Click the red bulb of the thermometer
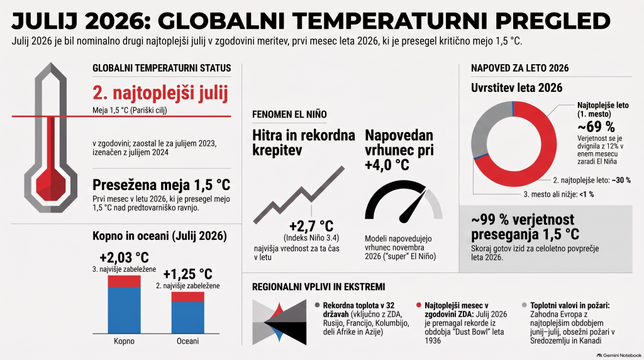pos(50,183)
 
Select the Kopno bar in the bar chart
pos(124,305)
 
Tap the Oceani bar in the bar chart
pos(187,313)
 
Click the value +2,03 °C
pos(124,257)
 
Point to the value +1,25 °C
pos(187,274)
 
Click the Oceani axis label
pos(187,341)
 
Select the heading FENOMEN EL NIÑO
pos(289,115)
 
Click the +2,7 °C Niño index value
pos(311,226)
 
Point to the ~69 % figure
pos(596,126)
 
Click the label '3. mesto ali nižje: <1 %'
pos(558,194)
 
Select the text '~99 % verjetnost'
pos(523,220)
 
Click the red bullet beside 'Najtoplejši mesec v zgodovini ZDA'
pos(419,305)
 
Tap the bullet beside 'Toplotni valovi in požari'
pos(524,305)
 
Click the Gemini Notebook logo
pos(619,356)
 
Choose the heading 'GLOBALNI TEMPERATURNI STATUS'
pos(162,68)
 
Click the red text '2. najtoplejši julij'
pos(160,93)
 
